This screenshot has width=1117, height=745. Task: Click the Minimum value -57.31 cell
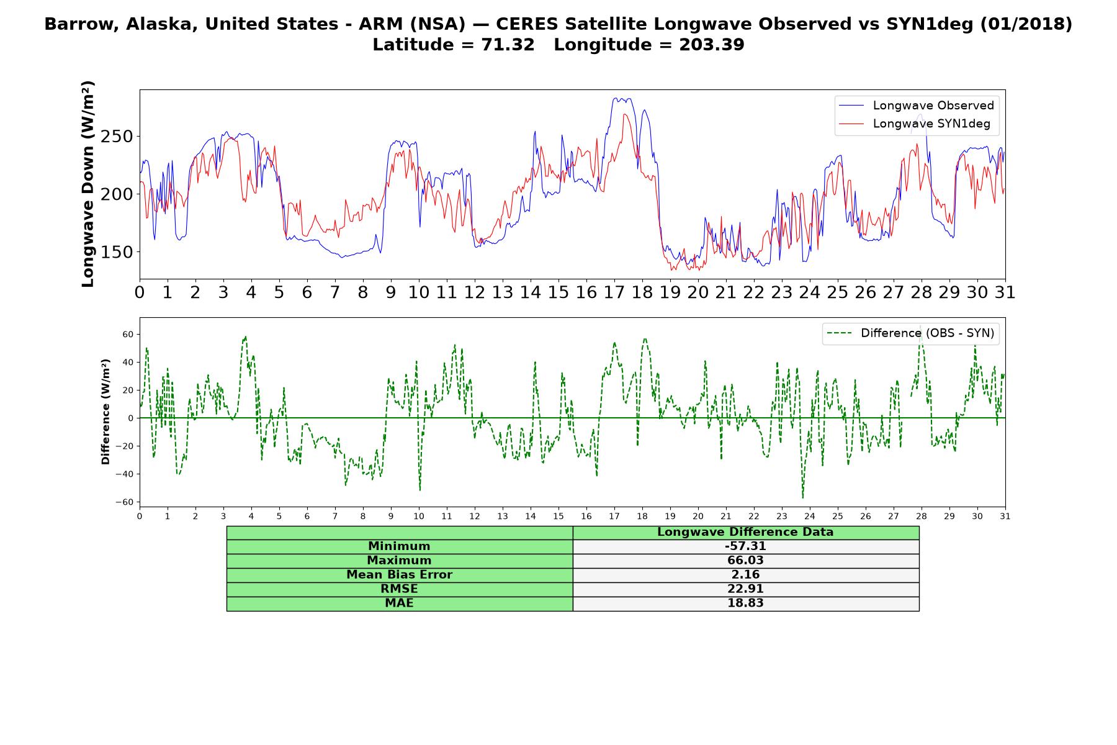pos(745,546)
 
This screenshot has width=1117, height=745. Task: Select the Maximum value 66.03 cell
pos(745,561)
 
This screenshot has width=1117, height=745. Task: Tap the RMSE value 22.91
pos(745,589)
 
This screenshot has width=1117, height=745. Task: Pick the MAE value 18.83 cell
pos(745,603)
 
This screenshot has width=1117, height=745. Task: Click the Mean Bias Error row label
pos(399,575)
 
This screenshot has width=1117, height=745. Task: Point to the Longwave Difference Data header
pos(745,532)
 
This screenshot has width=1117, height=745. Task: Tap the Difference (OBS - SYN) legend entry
pos(910,333)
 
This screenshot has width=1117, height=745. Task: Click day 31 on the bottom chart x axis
pos(1005,517)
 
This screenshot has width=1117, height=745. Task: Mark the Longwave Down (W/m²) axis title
pos(87,184)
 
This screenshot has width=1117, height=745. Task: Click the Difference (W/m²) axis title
pos(105,412)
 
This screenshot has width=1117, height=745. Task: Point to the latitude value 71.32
pos(508,45)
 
